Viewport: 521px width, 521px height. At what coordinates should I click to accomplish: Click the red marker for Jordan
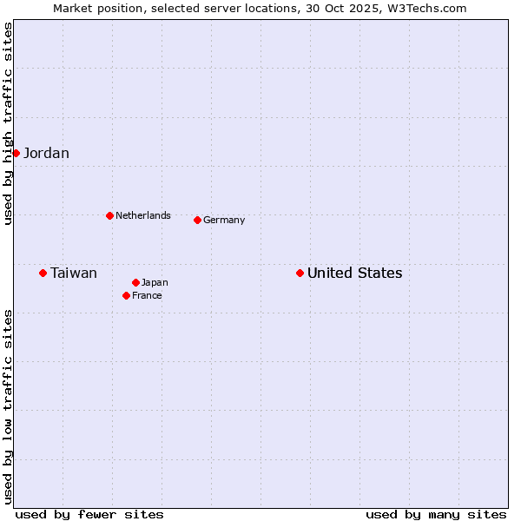point(16,153)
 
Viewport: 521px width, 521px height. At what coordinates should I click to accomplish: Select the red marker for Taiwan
point(43,273)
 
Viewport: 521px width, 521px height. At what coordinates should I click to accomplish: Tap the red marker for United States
point(300,273)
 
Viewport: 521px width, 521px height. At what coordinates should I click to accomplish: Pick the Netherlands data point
point(109,215)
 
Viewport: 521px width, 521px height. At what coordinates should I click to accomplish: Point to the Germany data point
point(197,220)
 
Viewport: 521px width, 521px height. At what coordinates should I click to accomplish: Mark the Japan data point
point(135,282)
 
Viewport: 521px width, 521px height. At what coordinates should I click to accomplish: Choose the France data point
point(126,295)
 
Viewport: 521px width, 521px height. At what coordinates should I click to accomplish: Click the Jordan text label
point(46,154)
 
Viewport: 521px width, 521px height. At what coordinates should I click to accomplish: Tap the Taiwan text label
point(74,274)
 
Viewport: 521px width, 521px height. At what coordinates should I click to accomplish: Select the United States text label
point(354,274)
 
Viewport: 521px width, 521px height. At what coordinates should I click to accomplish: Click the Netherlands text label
point(143,215)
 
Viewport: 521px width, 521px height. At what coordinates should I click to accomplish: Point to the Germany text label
point(224,221)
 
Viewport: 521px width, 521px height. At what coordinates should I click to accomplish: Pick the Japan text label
point(155,283)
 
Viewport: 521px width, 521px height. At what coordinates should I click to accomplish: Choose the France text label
point(147,296)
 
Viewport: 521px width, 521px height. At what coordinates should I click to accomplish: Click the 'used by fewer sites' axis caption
point(89,514)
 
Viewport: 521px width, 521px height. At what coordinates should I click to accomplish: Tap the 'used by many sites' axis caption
point(436,514)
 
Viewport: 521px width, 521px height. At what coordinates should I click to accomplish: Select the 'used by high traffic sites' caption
point(9,123)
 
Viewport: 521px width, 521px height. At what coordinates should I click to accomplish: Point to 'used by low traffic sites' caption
point(9,406)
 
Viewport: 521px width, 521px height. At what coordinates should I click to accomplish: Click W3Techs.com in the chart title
point(431,8)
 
